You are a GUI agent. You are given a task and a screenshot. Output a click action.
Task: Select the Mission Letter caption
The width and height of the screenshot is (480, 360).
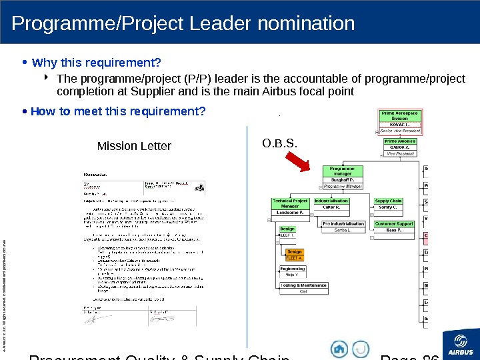coord(134,146)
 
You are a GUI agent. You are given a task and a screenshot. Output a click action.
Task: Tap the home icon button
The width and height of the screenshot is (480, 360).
coord(340,349)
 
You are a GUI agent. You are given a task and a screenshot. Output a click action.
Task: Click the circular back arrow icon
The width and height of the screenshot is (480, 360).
coord(360,349)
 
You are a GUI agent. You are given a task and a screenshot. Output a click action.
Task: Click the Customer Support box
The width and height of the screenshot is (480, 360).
coord(395,227)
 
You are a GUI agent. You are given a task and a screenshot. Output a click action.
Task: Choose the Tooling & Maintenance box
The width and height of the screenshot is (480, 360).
coord(303,288)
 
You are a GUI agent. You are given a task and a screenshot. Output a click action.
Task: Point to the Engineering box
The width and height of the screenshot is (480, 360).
coord(292,271)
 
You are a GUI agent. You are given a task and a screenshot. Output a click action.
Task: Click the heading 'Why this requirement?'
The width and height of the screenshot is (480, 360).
coord(97,63)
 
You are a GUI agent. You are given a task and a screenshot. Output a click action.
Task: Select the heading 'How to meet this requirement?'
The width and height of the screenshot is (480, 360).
coord(118,111)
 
